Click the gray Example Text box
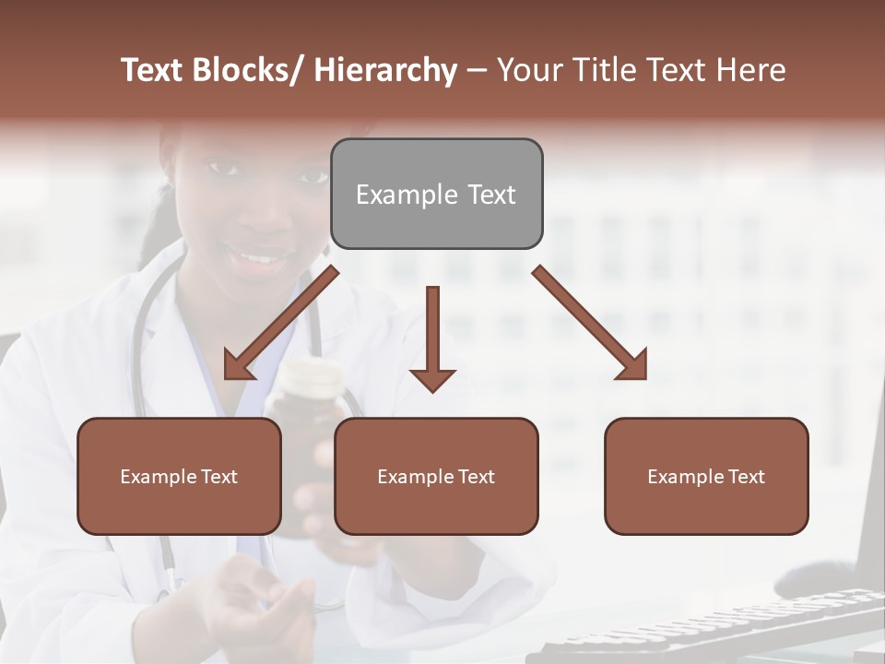436,194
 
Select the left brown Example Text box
179,476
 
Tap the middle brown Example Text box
436,476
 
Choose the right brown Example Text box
706,476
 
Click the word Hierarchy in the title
385,70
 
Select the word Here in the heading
751,70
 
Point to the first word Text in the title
154,70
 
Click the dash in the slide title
477,70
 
